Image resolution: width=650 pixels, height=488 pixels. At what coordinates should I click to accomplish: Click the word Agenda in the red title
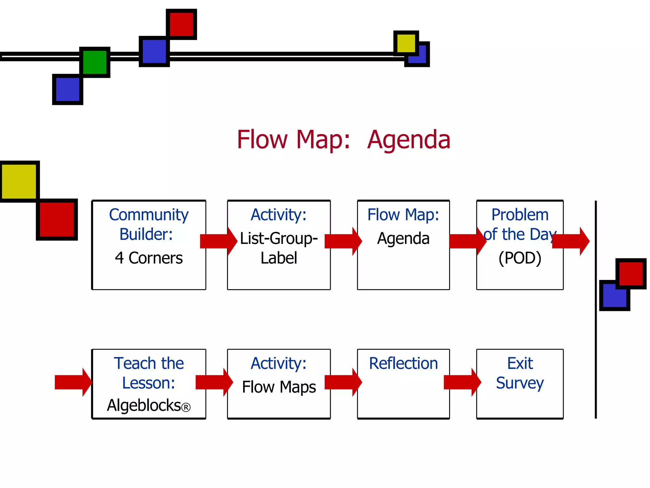(408, 140)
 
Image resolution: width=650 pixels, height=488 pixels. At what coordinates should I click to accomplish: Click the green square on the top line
(95, 62)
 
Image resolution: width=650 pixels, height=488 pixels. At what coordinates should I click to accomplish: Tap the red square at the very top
(182, 24)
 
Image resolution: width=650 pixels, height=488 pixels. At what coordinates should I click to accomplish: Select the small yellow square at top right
(406, 43)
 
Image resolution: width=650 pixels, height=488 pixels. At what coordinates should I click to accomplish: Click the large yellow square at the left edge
(19, 181)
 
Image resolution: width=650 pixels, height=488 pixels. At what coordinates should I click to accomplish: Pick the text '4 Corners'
(149, 258)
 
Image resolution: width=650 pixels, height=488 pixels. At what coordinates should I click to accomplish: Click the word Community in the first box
(149, 215)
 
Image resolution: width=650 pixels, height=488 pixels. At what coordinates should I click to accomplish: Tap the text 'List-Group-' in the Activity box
(279, 238)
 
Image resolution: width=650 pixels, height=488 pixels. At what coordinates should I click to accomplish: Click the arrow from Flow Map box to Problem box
(468, 241)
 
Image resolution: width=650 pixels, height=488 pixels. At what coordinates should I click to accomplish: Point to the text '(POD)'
(520, 258)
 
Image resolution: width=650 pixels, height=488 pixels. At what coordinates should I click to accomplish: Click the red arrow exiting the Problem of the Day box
(571, 241)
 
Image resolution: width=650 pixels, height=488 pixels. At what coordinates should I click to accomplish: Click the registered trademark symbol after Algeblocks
(186, 407)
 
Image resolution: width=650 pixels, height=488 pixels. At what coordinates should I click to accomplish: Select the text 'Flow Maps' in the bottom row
(279, 387)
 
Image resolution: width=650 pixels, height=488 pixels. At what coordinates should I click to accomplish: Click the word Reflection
(403, 363)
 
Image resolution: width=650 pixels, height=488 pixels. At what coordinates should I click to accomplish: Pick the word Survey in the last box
(520, 383)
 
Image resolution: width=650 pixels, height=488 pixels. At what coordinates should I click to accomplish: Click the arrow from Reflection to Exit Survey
(462, 382)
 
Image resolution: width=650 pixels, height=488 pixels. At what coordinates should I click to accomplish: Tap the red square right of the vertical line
(631, 274)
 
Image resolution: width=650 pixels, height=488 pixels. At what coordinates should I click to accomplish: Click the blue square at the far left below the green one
(67, 90)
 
